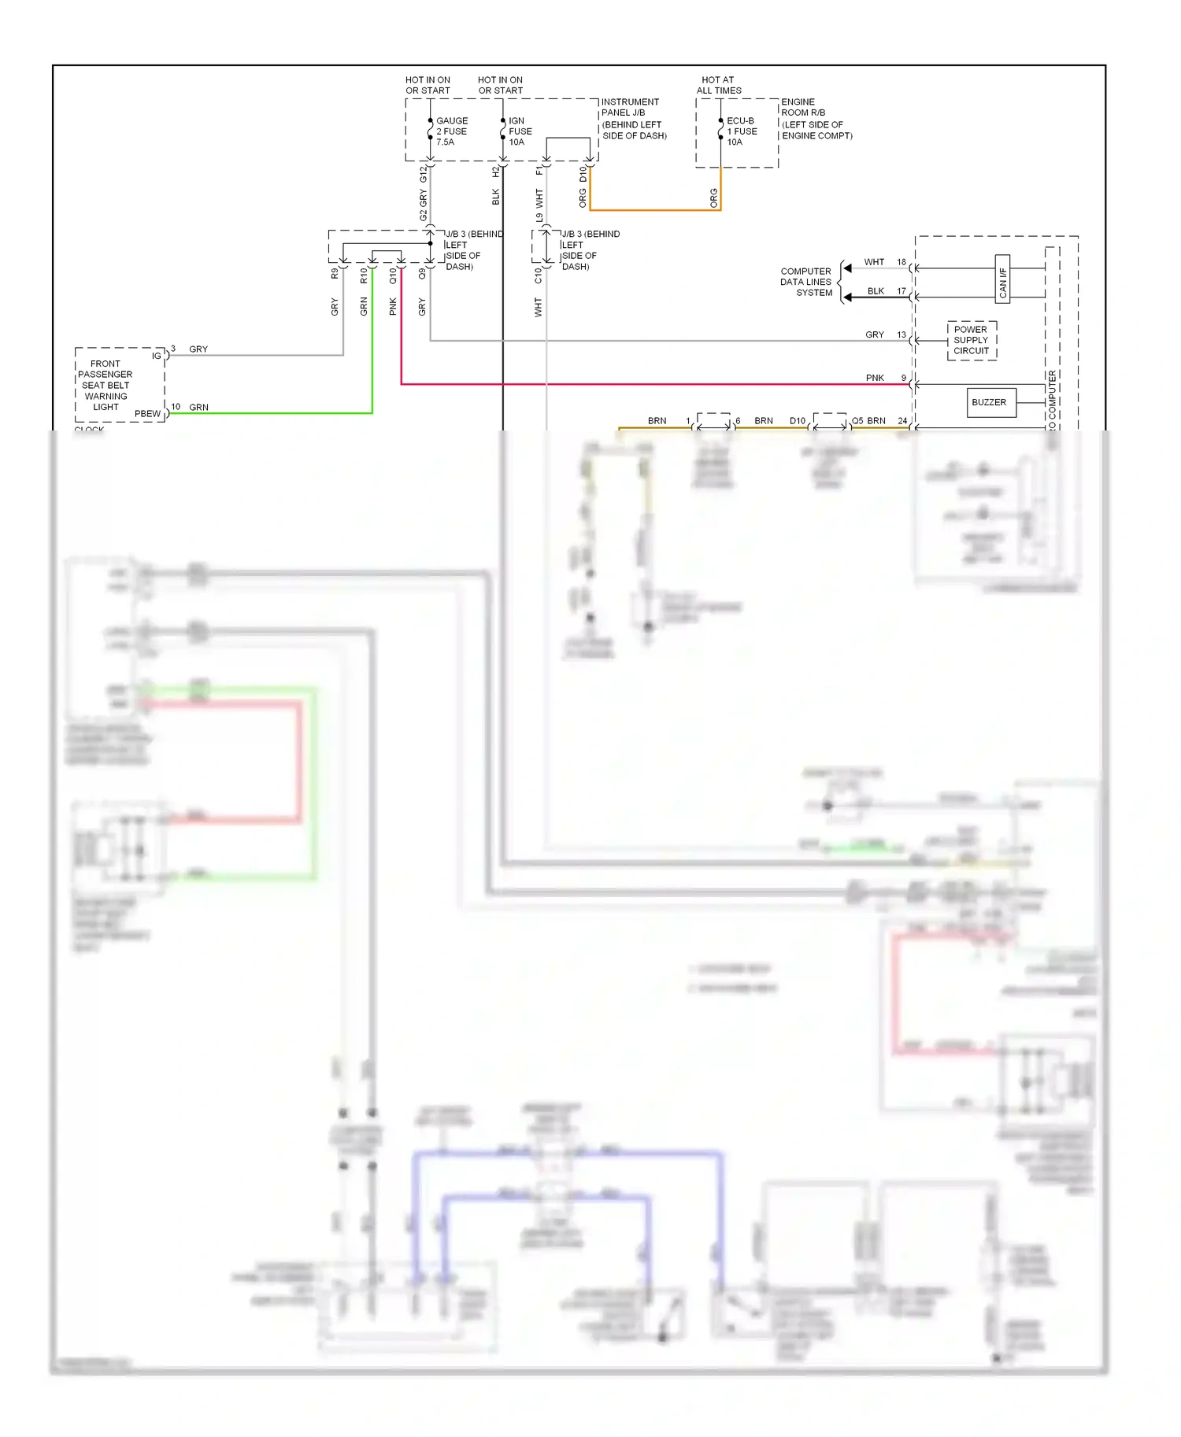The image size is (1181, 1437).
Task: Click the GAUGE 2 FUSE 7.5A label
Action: coord(451,131)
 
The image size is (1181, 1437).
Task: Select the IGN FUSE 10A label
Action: coord(519,131)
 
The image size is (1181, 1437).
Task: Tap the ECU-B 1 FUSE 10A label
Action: coord(741,131)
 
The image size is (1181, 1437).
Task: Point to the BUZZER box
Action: coord(989,402)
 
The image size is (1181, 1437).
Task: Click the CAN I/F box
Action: coord(1002,279)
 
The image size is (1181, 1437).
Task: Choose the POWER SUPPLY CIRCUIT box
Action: coord(972,340)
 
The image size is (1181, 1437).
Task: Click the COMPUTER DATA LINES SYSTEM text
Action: coord(805,282)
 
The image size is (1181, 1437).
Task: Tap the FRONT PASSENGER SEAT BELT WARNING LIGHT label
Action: coord(106,386)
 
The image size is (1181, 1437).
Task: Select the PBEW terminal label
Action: coord(147,414)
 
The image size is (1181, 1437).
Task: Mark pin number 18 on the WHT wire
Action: coord(901,262)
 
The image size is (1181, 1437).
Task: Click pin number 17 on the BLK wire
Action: coord(901,291)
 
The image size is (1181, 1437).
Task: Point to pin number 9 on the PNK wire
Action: coord(904,378)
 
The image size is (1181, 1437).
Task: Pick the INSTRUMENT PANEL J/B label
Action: coord(633,119)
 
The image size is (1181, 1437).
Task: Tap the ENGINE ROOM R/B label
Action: coord(816,119)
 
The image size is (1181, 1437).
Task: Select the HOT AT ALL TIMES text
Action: coord(718,85)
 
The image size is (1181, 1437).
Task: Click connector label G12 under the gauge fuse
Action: coord(424,173)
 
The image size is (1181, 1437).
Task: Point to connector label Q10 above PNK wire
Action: coord(393,275)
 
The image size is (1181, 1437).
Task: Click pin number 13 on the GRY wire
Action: coord(901,334)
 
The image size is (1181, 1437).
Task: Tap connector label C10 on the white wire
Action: coord(539,275)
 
